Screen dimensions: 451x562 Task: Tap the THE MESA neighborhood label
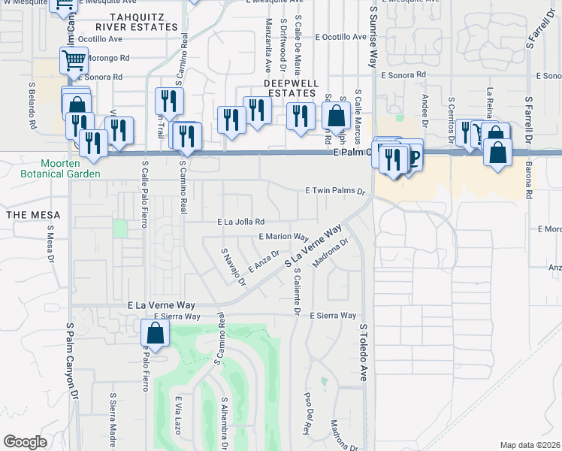[x=27, y=214]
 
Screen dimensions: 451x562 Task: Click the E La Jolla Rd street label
[x=240, y=222]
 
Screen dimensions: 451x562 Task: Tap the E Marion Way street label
[x=284, y=236]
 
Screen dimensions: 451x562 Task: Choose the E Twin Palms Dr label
[x=334, y=192]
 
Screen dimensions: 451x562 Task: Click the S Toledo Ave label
[x=363, y=353]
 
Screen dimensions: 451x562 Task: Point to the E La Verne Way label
[x=162, y=305]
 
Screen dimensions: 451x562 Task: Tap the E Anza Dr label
[x=264, y=263]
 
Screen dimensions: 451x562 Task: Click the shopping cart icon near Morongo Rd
[x=74, y=59]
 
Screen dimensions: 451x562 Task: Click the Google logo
[x=25, y=442]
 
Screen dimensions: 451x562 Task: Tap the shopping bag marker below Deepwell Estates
[x=336, y=116]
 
